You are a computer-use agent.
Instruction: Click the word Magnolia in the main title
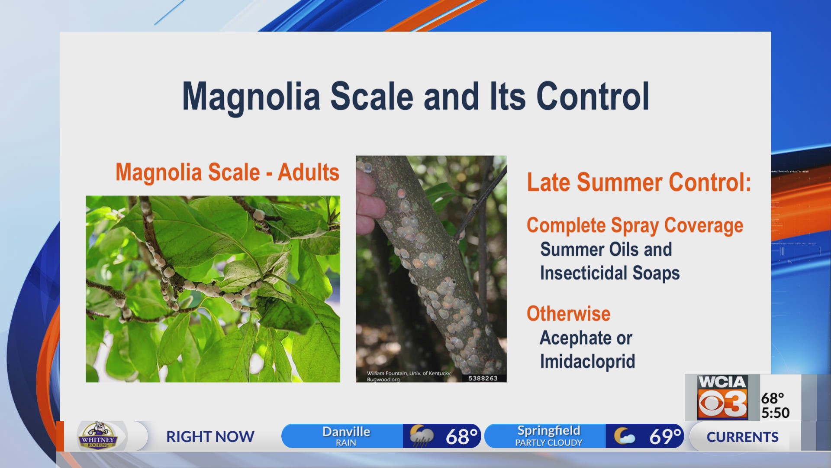tap(251, 97)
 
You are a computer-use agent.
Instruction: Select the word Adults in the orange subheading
tap(308, 172)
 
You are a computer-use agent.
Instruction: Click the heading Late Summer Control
tap(638, 182)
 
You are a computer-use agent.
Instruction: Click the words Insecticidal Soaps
tap(609, 273)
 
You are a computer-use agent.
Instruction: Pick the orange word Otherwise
tap(568, 314)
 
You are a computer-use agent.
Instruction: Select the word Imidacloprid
tap(587, 361)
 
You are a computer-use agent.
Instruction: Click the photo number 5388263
tap(483, 378)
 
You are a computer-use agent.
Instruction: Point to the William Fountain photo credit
tap(409, 376)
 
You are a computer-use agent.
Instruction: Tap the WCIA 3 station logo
tap(722, 397)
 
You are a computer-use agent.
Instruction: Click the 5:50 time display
tap(775, 413)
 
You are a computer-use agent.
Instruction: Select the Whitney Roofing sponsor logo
tap(98, 435)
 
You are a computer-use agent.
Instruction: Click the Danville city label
tap(346, 432)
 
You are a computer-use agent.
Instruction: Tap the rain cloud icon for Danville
tap(421, 436)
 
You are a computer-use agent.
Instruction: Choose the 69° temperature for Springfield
tap(665, 436)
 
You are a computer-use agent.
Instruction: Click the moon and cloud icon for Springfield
tap(624, 436)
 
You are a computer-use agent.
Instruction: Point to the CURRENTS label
tap(742, 437)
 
